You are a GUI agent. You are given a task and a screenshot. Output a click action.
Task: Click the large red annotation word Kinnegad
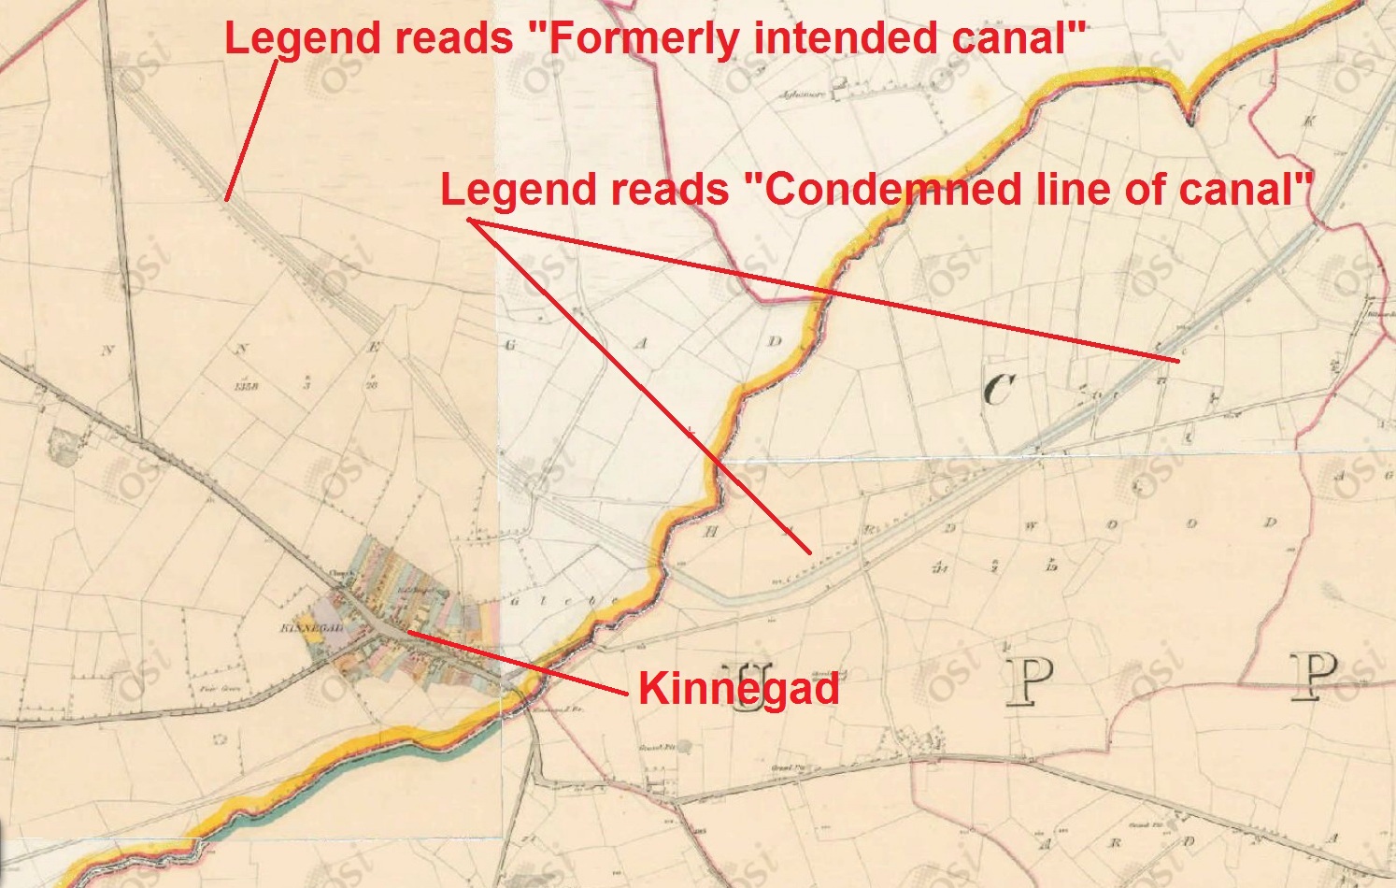738,690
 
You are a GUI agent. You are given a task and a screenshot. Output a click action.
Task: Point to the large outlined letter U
753,687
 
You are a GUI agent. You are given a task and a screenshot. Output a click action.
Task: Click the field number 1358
247,385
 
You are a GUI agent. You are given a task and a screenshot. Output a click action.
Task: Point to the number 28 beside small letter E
371,384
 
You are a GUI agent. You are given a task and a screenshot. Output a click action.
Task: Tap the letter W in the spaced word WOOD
1031,526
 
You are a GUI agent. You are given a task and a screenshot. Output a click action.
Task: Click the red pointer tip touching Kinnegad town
408,633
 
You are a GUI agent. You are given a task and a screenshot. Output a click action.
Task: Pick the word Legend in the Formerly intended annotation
286,38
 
